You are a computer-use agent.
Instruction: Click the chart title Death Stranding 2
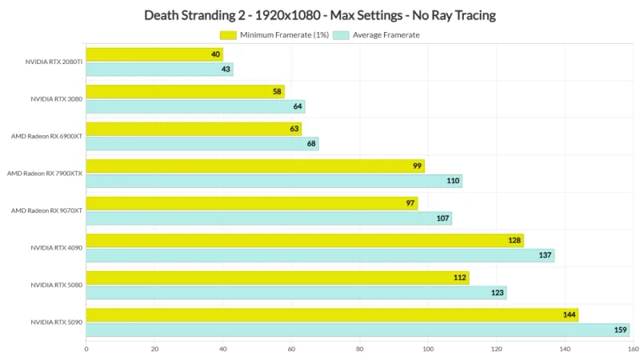pos(319,14)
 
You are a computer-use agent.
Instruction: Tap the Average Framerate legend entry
pos(376,35)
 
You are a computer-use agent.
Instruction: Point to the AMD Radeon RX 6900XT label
pos(46,136)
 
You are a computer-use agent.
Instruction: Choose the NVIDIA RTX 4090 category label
pos(57,248)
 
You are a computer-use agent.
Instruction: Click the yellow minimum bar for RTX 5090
pos(331,314)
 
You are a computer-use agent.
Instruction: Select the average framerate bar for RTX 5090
pos(357,330)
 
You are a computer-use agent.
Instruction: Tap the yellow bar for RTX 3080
pos(185,91)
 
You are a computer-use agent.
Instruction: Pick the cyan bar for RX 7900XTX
pos(274,181)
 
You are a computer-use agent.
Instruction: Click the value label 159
pos(620,330)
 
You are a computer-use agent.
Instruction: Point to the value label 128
pos(514,240)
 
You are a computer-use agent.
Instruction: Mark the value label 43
pos(226,69)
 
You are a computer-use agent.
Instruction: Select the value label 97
pos(410,203)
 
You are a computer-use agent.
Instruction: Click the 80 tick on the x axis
pos(359,349)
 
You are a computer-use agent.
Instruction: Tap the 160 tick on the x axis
pos(633,349)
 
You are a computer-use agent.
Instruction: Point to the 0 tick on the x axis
pos(86,349)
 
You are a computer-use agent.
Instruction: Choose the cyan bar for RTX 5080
pos(296,293)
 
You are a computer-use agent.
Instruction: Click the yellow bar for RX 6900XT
pos(193,129)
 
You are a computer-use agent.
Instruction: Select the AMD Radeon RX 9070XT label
pos(46,210)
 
